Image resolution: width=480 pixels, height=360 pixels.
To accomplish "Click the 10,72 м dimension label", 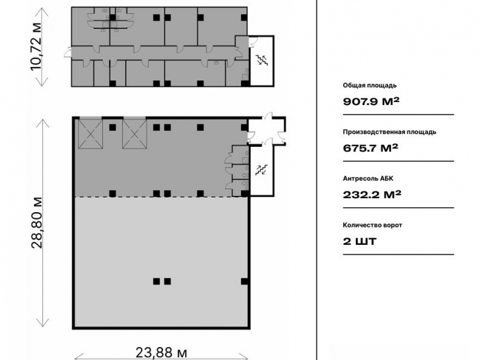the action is (x=36, y=46).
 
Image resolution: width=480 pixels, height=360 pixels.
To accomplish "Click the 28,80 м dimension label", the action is (x=37, y=222).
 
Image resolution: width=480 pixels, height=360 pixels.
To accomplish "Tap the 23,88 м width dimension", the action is (x=161, y=353).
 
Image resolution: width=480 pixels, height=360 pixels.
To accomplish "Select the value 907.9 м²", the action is (x=371, y=101).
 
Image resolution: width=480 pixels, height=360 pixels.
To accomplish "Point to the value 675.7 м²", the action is (x=371, y=148).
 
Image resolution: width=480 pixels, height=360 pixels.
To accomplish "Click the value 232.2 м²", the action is (x=372, y=194).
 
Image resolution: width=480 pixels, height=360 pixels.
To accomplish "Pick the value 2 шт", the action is (x=360, y=241).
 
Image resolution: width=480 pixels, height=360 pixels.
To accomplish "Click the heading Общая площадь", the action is (x=370, y=85).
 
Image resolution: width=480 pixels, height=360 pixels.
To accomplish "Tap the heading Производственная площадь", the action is (x=389, y=132).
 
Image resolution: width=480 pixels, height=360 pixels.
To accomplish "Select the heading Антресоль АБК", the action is (x=368, y=179).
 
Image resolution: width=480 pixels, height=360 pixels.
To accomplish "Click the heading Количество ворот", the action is (x=372, y=225).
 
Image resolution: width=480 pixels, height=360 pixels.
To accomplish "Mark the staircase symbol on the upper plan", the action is (x=262, y=60).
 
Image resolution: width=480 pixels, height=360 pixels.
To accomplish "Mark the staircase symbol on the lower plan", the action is (x=261, y=170).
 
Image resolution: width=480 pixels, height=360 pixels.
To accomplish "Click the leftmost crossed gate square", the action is (x=90, y=134).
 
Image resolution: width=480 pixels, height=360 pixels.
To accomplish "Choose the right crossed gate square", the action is (x=135, y=134).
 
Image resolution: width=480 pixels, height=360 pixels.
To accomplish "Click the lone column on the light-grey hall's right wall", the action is (x=244, y=281).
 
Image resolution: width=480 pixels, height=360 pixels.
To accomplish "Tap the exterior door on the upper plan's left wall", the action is (x=68, y=53).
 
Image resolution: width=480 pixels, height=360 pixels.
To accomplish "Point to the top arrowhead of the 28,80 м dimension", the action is (x=43, y=122).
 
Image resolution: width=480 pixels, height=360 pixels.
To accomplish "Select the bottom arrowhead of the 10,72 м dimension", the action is (x=43, y=82).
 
